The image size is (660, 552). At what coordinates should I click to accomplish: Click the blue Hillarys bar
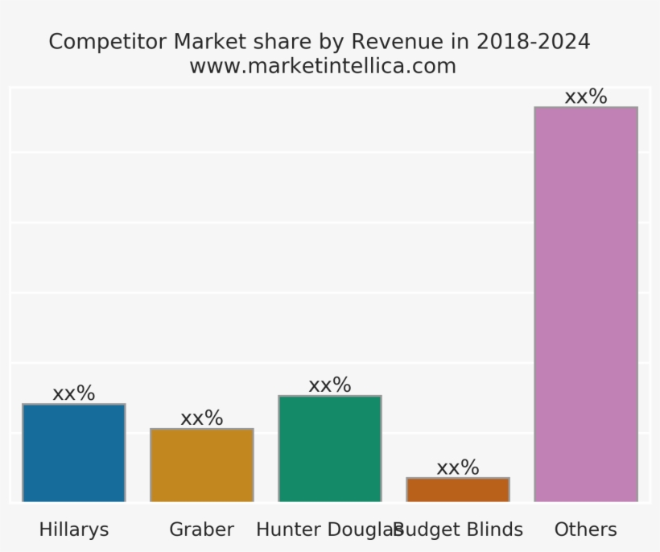click(73, 453)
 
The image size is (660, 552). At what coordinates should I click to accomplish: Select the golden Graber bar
click(201, 465)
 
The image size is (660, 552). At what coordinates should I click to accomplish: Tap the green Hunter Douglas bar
click(329, 449)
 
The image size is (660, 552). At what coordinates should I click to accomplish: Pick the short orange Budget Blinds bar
click(457, 490)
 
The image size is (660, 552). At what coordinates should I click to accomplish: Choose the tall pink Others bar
click(585, 304)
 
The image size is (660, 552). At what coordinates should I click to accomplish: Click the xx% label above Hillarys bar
click(73, 393)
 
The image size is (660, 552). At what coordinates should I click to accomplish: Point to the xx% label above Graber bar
click(201, 418)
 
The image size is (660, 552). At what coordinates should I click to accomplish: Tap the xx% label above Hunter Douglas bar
click(329, 385)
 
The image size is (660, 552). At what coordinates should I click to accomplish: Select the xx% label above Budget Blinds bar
click(457, 468)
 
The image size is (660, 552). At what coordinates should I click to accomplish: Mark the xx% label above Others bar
click(585, 97)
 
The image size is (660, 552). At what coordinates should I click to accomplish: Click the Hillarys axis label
click(73, 529)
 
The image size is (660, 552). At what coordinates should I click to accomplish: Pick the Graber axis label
click(201, 529)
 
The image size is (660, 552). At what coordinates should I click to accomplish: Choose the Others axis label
click(585, 529)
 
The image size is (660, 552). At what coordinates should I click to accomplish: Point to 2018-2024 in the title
click(534, 42)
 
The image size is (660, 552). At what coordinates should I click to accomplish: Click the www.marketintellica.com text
click(322, 66)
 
